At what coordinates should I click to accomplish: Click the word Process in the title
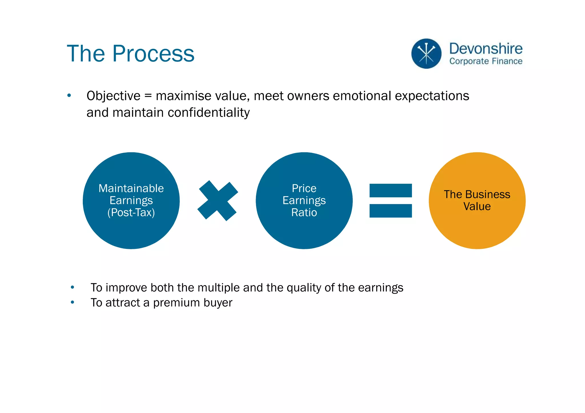click(153, 54)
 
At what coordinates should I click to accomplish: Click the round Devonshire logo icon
click(426, 54)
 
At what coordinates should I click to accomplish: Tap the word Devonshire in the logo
click(486, 49)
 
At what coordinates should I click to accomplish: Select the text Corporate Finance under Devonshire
click(486, 61)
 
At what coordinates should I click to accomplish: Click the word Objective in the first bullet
click(113, 96)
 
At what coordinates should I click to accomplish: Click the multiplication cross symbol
click(218, 201)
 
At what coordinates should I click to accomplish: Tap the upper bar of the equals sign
click(390, 190)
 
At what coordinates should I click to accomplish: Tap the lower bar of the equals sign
click(390, 211)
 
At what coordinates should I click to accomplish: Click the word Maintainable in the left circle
click(131, 189)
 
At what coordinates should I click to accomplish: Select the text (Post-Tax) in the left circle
click(131, 213)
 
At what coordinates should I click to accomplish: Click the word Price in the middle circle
click(304, 189)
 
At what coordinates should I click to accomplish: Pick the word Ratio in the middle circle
click(304, 213)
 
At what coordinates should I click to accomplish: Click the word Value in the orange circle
click(477, 206)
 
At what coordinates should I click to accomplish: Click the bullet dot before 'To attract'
click(73, 302)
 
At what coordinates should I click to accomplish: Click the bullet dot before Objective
click(69, 96)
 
